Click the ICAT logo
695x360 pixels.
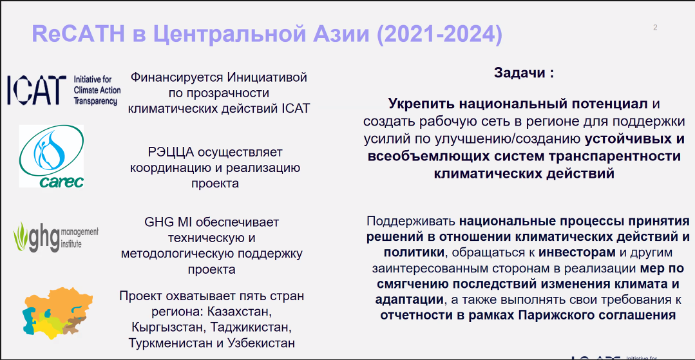(64, 90)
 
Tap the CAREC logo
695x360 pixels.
(52, 156)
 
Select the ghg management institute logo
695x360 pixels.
(55, 236)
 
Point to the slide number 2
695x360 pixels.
(655, 28)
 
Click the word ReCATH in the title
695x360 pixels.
(77, 35)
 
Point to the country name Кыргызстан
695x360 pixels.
(168, 327)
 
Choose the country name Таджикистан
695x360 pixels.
(251, 327)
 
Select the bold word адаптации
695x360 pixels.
(409, 299)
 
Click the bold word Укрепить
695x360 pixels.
(417, 104)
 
